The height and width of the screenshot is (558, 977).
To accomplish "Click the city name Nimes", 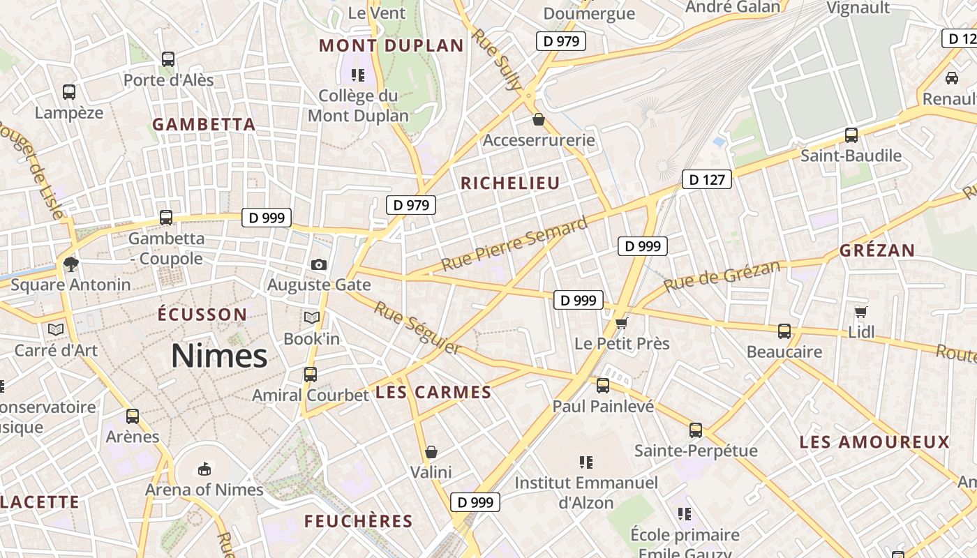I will tap(219, 356).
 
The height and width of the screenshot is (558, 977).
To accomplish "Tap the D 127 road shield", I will tap(706, 180).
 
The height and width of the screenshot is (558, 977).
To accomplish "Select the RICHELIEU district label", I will tap(510, 183).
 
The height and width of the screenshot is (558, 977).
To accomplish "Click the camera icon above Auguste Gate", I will tap(319, 264).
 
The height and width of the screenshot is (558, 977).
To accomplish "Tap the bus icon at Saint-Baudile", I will tap(851, 135).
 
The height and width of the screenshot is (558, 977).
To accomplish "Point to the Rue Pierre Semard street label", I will tap(514, 245).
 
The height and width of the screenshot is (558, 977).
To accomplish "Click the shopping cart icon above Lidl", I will tap(861, 312).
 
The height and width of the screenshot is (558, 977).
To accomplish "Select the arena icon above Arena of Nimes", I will tap(204, 468).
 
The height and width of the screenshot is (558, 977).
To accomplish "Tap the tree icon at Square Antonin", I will tap(70, 264).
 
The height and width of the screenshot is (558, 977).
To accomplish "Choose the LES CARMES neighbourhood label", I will tap(433, 393).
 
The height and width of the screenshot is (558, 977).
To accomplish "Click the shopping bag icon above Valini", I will tap(431, 452).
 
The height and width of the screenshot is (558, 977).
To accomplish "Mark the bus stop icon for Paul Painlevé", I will tap(603, 386).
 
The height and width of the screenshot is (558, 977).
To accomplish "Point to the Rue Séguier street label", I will tap(417, 327).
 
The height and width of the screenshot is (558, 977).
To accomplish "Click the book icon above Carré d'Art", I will tap(56, 329).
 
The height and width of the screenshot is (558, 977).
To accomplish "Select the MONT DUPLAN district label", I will tap(391, 46).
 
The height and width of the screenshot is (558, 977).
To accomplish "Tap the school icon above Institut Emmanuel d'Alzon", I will tap(586, 462).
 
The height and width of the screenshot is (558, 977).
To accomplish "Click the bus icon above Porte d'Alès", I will tap(168, 59).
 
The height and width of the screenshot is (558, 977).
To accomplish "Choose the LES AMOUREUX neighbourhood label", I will tap(874, 442).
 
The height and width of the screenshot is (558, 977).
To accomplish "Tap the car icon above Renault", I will tap(951, 77).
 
